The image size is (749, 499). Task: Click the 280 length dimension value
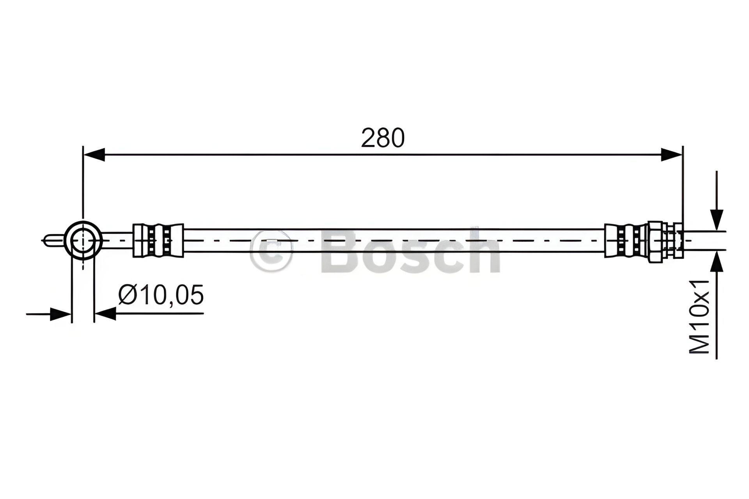pyautogui.click(x=383, y=138)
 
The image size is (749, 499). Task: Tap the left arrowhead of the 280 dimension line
pyautogui.click(x=94, y=154)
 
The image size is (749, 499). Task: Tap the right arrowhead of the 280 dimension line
pyautogui.click(x=671, y=154)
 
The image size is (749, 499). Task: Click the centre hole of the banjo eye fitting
pyautogui.click(x=83, y=240)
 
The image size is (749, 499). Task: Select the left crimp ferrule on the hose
pyautogui.click(x=158, y=240)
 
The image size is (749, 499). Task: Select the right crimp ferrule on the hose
pyautogui.click(x=626, y=240)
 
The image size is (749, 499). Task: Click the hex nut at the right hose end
pyautogui.click(x=655, y=240)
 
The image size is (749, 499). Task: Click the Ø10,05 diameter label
pyautogui.click(x=161, y=295)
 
